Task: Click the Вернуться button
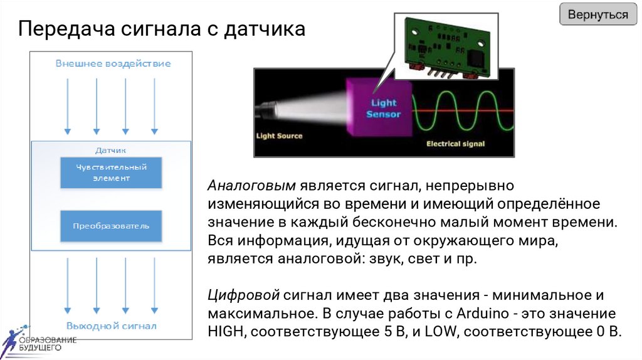coord(597,14)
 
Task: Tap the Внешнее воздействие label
coord(113,63)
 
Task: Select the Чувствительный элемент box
coord(111,172)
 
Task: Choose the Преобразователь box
coord(111,226)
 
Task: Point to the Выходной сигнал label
coord(112,326)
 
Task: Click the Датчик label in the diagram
coord(111,151)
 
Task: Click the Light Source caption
coord(279,136)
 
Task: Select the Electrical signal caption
coord(455,144)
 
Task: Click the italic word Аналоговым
coord(251,186)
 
